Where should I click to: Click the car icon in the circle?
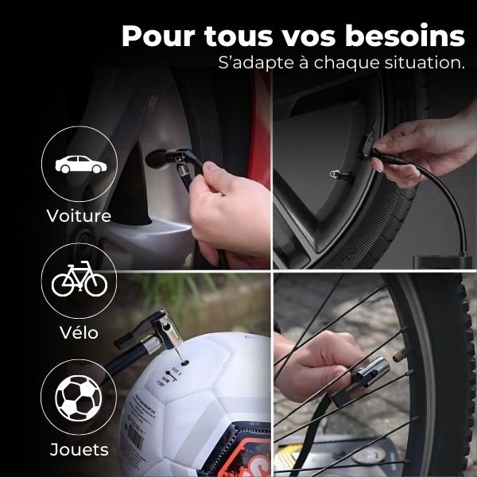tap(79, 165)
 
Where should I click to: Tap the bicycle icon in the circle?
tap(79, 280)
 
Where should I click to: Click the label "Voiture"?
tap(79, 215)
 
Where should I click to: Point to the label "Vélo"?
tap(79, 332)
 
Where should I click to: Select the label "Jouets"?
tap(79, 450)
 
